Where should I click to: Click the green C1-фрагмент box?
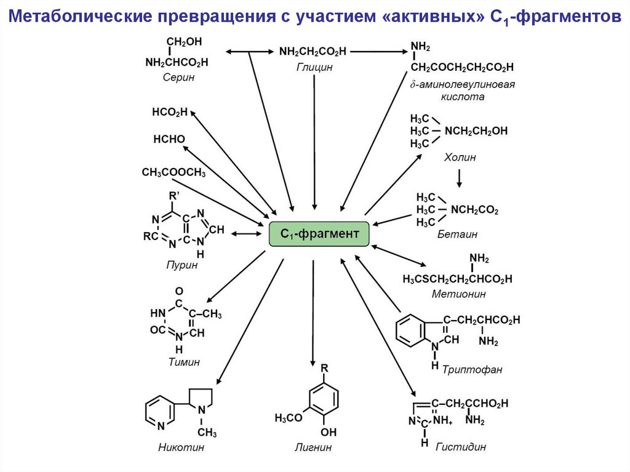(x=319, y=234)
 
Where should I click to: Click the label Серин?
(x=178, y=77)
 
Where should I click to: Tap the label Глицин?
(x=313, y=67)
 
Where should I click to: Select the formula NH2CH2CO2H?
(x=313, y=52)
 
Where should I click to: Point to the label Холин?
(x=460, y=158)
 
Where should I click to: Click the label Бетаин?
(x=457, y=234)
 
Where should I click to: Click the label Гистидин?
(x=461, y=447)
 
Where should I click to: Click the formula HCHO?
(x=169, y=139)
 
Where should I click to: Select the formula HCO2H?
(x=169, y=112)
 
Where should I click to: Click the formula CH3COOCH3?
(x=173, y=173)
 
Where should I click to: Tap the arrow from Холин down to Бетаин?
(x=459, y=177)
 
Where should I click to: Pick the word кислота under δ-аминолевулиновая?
(x=462, y=97)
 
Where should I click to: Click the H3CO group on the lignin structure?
(x=289, y=418)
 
